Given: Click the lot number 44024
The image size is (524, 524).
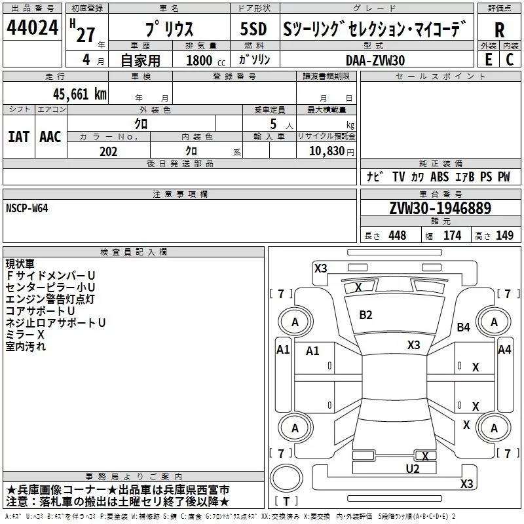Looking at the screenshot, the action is point(32,28).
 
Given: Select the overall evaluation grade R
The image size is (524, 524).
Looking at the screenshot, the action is point(499,29).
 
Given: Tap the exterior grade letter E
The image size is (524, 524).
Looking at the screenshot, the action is point(487,58).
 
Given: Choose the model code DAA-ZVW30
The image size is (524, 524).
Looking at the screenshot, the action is point(375,60).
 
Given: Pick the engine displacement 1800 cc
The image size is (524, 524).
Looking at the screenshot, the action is point(199,60).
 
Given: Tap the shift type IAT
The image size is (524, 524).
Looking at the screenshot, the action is point(18,136).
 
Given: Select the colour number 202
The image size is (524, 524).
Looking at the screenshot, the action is point(108,151).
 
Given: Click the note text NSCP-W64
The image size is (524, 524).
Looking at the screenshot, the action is point(27,208).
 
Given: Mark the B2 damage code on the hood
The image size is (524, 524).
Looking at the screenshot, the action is point(365,315).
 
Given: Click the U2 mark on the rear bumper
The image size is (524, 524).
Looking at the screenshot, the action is point(412,468).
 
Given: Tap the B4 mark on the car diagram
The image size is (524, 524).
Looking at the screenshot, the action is point(464,327).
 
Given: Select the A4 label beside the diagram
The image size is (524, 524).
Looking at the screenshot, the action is point(504,350).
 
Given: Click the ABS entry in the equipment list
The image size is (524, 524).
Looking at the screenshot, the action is point(440,177).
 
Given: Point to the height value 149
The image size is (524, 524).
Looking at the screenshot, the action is point(504,236).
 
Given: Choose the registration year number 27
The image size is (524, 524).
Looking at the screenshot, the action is point(85,34).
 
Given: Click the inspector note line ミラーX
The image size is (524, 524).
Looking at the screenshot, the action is point(25,335).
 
